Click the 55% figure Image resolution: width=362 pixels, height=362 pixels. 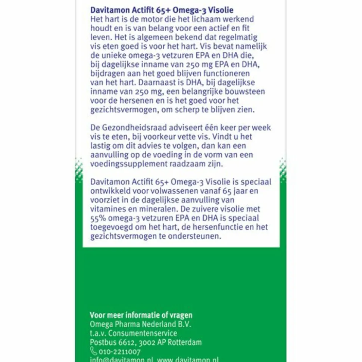click(98, 217)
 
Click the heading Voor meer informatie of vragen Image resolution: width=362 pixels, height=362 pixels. click(141, 315)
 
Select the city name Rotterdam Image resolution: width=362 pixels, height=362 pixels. click(184, 342)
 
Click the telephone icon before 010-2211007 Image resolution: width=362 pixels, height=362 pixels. click(93, 351)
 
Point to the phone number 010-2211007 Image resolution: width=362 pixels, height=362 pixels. click(120, 351)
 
